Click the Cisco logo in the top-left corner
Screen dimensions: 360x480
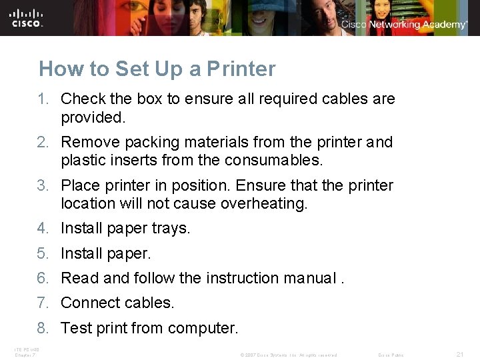pos(27,17)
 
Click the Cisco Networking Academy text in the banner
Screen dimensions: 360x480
pos(404,24)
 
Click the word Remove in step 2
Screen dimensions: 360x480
pos(87,143)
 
